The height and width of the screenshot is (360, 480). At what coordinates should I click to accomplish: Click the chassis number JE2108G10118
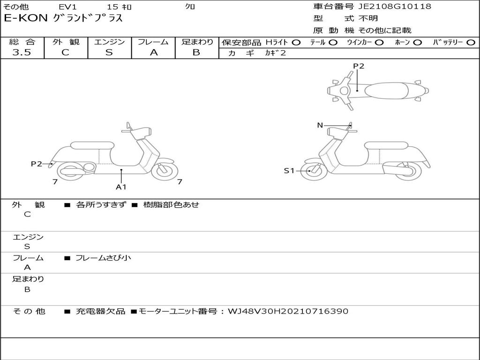click(x=395, y=7)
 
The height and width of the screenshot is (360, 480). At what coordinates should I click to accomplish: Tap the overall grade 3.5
click(x=22, y=52)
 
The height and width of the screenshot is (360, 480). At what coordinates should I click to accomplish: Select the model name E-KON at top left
click(x=26, y=18)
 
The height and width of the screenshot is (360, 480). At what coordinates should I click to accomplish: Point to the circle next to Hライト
click(x=296, y=43)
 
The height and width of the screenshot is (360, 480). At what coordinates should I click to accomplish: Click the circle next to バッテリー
click(x=471, y=43)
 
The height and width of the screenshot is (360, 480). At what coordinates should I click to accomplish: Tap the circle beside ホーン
click(x=417, y=43)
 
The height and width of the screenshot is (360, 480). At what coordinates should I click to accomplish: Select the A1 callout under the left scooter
click(x=121, y=187)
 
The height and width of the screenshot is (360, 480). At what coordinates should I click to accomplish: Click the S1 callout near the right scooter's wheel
click(x=289, y=171)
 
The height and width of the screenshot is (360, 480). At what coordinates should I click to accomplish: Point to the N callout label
click(x=320, y=125)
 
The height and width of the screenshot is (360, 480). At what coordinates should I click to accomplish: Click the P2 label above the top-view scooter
click(x=359, y=66)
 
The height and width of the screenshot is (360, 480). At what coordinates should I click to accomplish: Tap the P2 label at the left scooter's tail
click(x=37, y=164)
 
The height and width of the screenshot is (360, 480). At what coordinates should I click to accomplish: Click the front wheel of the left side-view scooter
click(x=165, y=171)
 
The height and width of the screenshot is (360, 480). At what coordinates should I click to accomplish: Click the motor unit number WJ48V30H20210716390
click(x=288, y=311)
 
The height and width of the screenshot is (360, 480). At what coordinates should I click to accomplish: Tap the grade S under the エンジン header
click(x=109, y=52)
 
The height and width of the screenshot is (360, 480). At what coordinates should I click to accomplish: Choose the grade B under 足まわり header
click(x=196, y=52)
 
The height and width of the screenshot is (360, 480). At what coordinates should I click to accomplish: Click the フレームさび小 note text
click(x=103, y=258)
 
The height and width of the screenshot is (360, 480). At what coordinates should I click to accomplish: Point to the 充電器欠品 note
click(x=100, y=311)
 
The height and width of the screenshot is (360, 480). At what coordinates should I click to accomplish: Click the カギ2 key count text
click(x=275, y=53)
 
